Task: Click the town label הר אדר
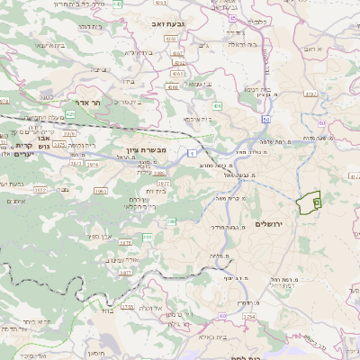click(x=95, y=103)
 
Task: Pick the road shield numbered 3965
click(x=101, y=191)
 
